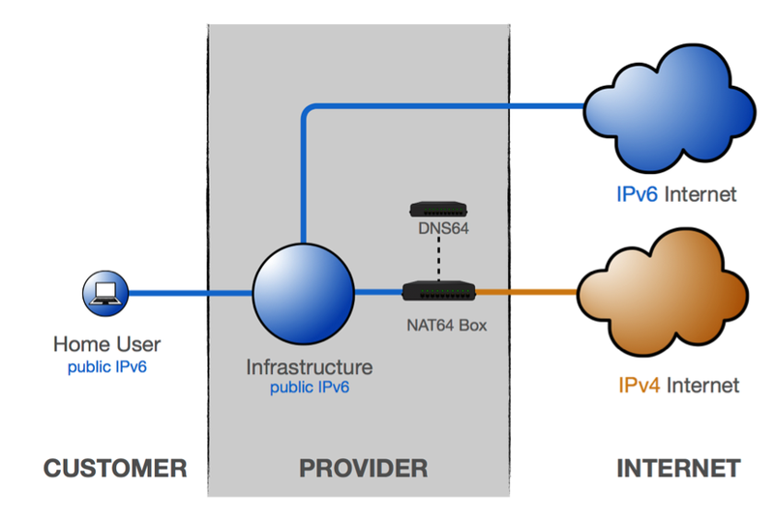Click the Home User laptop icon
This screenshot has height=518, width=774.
pyautogui.click(x=104, y=293)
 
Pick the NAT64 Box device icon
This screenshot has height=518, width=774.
pyautogui.click(x=437, y=291)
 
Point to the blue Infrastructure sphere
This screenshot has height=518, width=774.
pyautogui.click(x=303, y=291)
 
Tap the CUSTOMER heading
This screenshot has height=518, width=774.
pyautogui.click(x=114, y=469)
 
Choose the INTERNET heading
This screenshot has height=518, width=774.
pyautogui.click(x=678, y=469)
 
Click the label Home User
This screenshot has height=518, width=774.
pyautogui.click(x=106, y=344)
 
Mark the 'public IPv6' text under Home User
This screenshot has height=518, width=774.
pyautogui.click(x=106, y=367)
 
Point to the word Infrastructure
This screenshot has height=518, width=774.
pyautogui.click(x=310, y=367)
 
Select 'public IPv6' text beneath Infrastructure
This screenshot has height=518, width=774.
pyautogui.click(x=310, y=388)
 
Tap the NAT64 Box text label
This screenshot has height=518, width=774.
pyautogui.click(x=443, y=326)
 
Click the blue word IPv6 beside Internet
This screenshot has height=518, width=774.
pyautogui.click(x=638, y=194)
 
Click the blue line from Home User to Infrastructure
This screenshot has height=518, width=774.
pyautogui.click(x=189, y=292)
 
